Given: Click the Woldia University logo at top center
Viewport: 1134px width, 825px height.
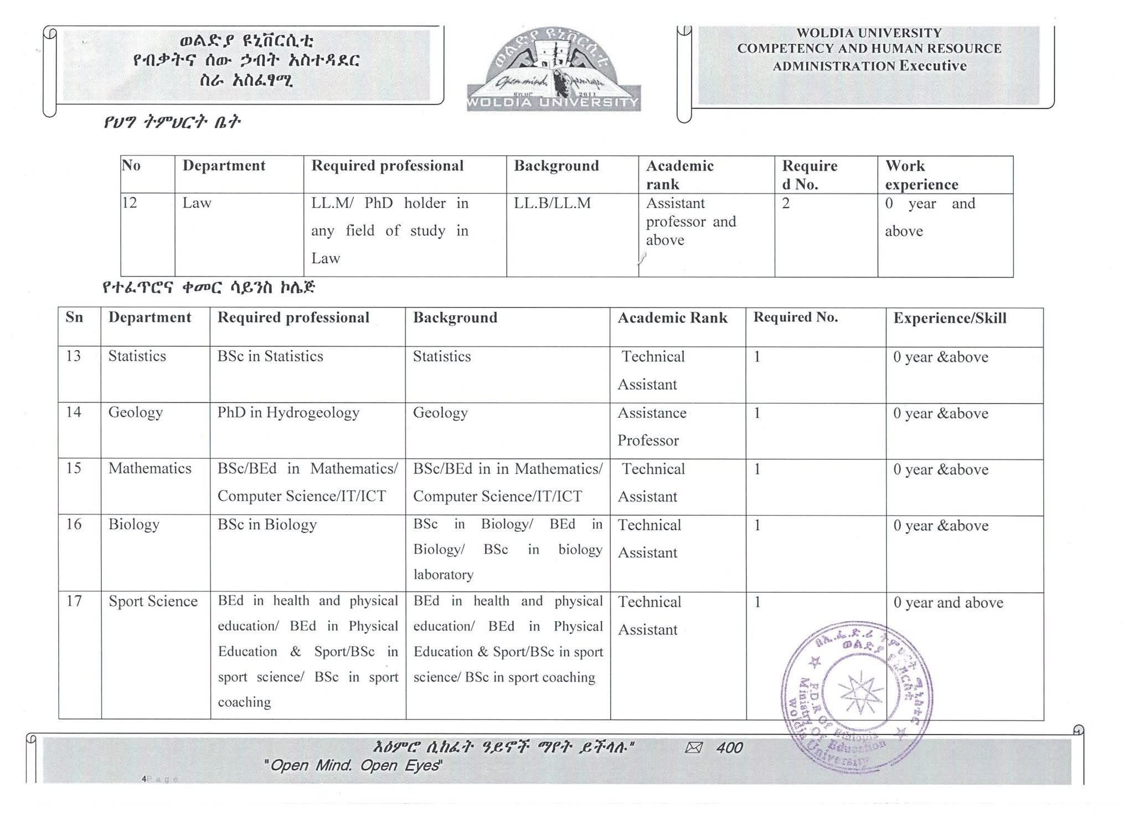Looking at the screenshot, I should [x=553, y=70].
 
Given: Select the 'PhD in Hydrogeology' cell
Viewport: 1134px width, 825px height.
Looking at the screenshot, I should [x=288, y=413].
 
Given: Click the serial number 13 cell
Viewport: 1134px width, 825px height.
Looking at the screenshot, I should [x=74, y=356].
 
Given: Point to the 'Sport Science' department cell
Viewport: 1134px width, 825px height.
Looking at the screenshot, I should [x=153, y=602].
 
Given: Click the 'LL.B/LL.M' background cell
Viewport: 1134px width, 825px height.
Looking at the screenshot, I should [x=552, y=203].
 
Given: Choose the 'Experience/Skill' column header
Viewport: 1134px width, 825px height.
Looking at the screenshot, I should [x=950, y=318].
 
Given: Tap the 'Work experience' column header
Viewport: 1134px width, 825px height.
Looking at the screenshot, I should [x=921, y=175].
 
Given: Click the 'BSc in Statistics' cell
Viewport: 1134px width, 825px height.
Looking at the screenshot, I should [x=270, y=356].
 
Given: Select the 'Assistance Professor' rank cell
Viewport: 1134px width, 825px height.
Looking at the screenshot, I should [x=652, y=426].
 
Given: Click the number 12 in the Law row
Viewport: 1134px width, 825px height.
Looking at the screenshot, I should [x=130, y=203].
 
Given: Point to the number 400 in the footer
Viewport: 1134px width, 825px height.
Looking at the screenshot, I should [x=729, y=748].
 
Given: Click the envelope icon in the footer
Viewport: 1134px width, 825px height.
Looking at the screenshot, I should [x=694, y=748].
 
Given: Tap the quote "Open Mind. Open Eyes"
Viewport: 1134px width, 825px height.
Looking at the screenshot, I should [x=353, y=765].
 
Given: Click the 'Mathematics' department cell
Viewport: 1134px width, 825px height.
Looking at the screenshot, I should [x=150, y=469].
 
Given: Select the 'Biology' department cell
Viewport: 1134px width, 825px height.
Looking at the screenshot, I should [x=134, y=525].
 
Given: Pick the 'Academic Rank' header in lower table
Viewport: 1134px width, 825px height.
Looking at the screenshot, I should [x=672, y=318].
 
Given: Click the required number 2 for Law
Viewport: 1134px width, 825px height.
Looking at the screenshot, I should [x=786, y=203].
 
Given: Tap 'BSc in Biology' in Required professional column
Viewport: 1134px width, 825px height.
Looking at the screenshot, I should [x=267, y=525].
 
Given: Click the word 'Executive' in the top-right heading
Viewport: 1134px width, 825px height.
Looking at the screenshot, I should [x=933, y=66].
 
